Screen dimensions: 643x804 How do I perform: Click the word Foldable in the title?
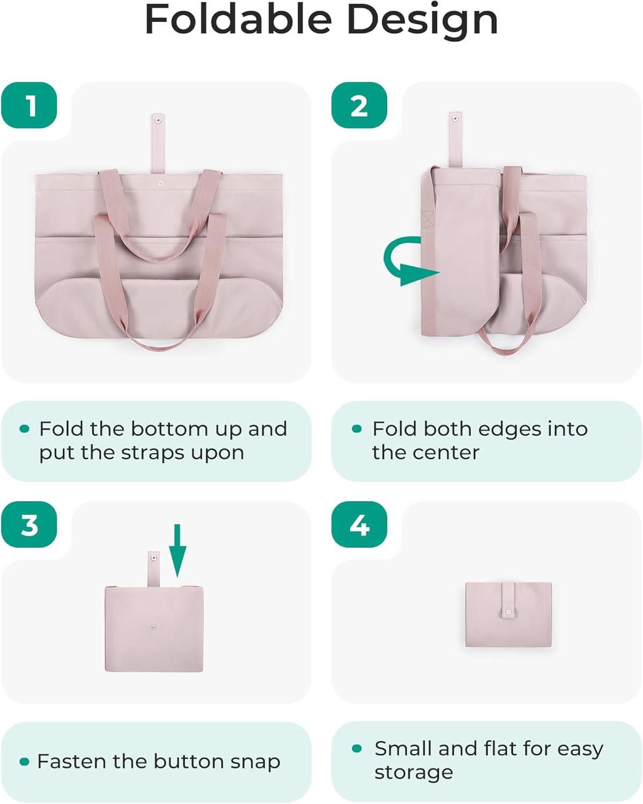[x=238, y=19]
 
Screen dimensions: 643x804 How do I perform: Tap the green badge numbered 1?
[x=29, y=105]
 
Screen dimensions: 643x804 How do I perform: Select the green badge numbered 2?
[x=359, y=105]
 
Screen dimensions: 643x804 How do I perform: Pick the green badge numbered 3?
[x=29, y=525]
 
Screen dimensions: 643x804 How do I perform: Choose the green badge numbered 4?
[x=359, y=525]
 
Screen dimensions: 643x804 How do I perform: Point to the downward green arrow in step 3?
[x=178, y=550]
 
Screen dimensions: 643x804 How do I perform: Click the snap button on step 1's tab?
[x=157, y=120]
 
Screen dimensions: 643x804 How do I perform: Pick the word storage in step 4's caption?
[x=414, y=772]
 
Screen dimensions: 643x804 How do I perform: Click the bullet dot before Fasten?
[x=24, y=762]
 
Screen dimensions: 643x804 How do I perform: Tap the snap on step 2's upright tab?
[x=455, y=119]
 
